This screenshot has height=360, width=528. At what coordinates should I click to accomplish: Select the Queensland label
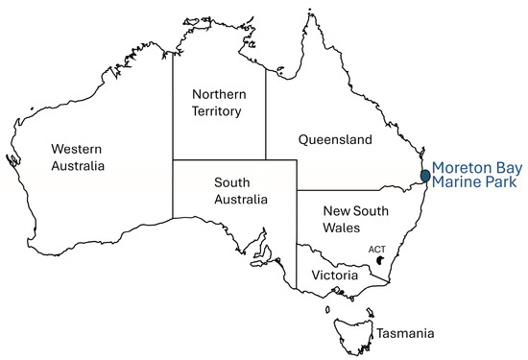coord(334,139)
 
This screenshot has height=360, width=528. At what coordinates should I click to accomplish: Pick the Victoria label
coord(335,276)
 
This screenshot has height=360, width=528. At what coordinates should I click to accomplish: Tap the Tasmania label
coord(404,333)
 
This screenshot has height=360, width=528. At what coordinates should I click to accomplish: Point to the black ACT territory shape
coord(381,260)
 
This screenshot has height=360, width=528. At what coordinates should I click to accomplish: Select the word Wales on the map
coord(341,228)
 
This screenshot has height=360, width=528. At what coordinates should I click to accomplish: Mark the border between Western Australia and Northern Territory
coord(173,106)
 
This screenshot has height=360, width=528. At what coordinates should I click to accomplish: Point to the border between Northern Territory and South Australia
coord(219,159)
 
